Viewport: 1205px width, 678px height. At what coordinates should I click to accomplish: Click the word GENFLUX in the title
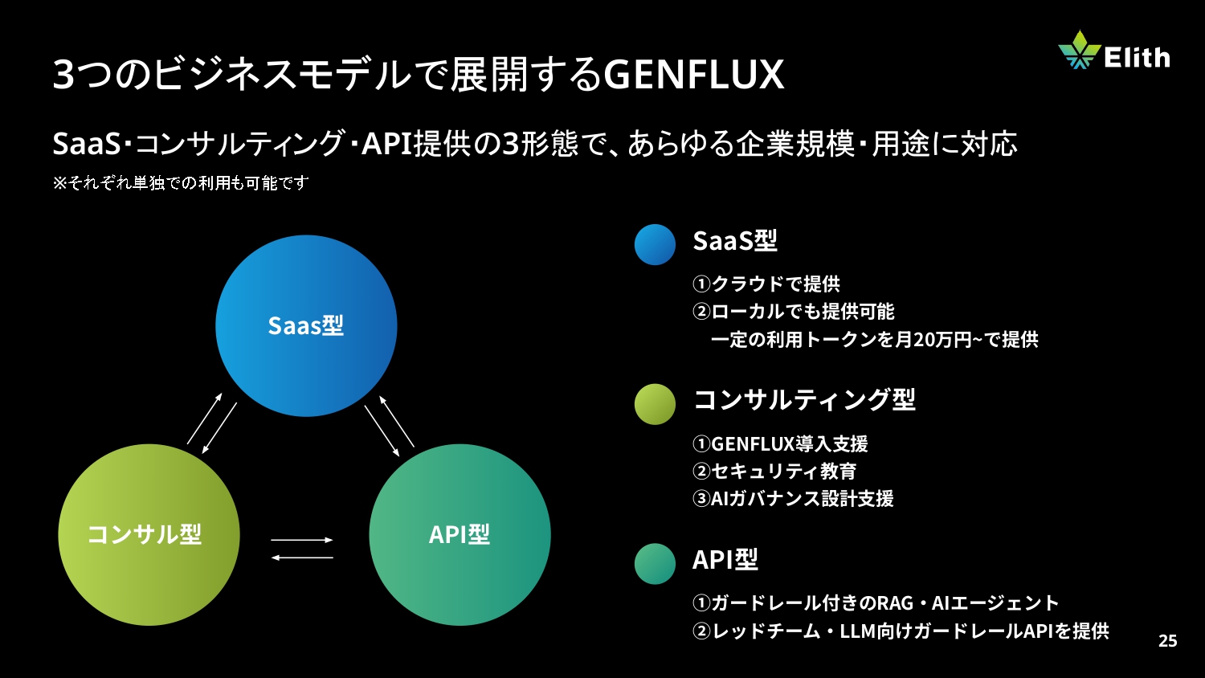point(693,75)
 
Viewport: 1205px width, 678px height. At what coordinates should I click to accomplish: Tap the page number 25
point(1167,640)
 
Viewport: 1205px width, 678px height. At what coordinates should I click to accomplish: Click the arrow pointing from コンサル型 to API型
point(302,540)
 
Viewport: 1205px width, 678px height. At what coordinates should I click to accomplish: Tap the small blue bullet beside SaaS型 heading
point(655,244)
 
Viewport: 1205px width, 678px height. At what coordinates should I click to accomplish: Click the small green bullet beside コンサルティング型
point(655,404)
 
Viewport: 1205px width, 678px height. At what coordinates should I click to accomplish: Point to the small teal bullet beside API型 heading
point(655,564)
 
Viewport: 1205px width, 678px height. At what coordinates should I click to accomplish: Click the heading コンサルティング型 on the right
point(804,399)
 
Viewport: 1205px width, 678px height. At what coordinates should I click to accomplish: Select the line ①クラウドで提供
point(766,284)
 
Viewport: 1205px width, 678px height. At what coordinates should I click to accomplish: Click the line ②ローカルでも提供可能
point(794,311)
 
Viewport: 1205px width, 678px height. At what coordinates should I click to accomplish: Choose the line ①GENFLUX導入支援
point(780,443)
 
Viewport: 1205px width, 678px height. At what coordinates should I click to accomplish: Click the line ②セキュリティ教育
point(774,471)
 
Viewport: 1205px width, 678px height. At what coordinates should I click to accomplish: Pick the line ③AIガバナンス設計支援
point(793,498)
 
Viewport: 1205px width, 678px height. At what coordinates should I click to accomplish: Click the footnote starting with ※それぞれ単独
point(181,183)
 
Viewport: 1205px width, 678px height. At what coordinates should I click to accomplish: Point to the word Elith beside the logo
point(1137,57)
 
